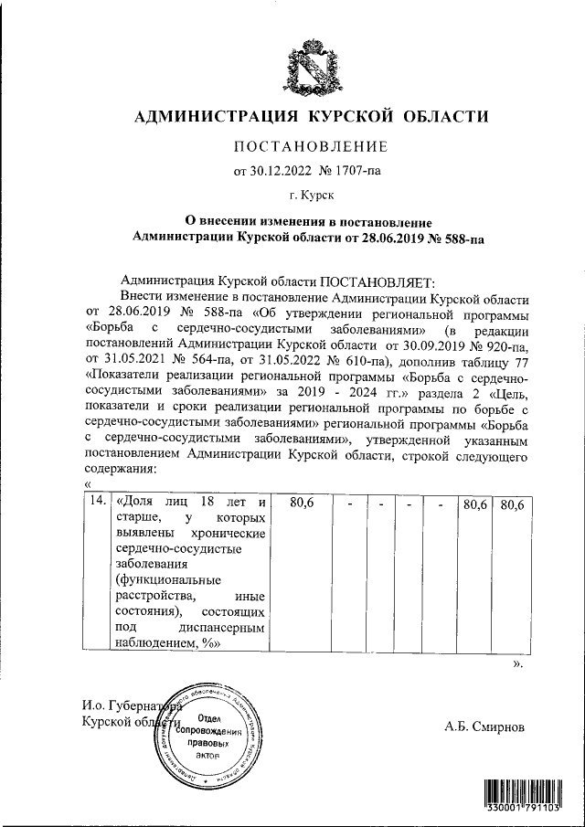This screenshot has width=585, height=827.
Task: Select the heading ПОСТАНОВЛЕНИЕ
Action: (312, 146)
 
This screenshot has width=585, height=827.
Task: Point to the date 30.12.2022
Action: (280, 170)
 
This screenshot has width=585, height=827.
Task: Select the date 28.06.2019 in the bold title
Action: (392, 236)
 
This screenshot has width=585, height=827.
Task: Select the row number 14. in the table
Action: (94, 502)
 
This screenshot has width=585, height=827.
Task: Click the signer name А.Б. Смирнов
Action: (485, 727)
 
